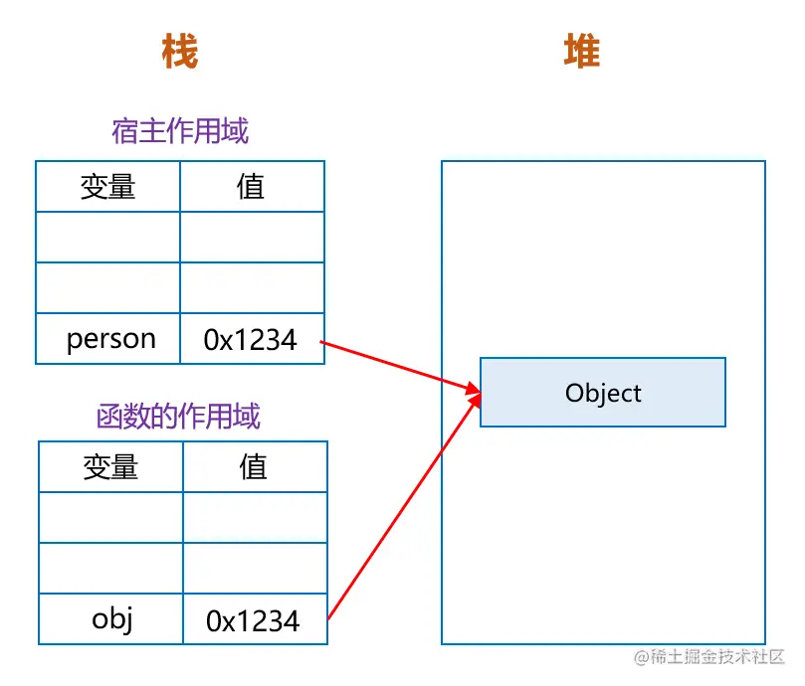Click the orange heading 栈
coord(180,51)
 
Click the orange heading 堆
coord(582,51)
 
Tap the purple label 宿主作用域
coord(180,130)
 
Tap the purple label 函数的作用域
coord(179,415)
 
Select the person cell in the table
coord(108,339)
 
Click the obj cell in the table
coord(111,619)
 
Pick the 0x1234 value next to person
coord(251,340)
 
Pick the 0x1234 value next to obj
coord(253,621)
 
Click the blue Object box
coord(603,393)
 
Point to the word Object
coord(603,393)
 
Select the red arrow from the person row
coord(398,365)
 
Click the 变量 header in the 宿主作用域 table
coord(108,187)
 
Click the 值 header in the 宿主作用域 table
coord(252,187)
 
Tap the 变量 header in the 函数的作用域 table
coord(111,467)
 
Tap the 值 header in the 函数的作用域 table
coord(255,467)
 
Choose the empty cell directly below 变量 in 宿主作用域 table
coord(108,238)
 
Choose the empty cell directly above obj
coord(111,570)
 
